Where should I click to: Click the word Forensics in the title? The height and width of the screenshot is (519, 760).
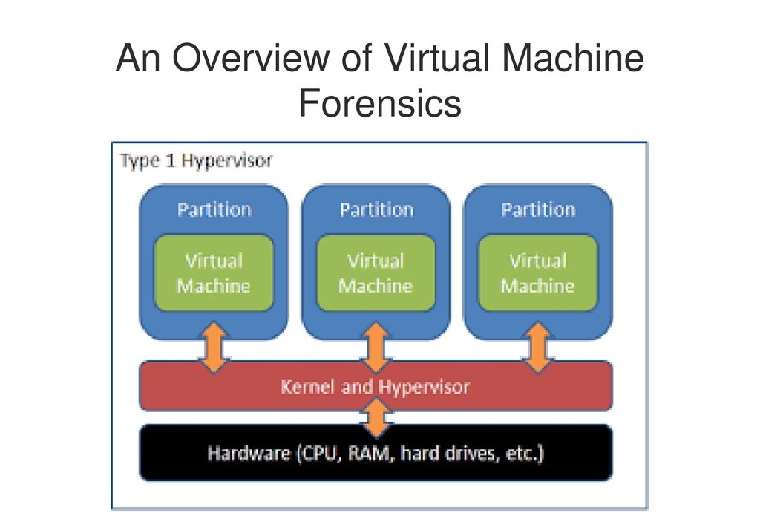click(380, 103)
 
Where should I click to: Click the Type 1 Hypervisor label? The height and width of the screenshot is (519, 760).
click(197, 160)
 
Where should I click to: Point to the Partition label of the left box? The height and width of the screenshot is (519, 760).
click(214, 209)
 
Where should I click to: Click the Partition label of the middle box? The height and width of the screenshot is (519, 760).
click(376, 209)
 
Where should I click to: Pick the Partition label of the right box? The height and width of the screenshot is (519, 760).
click(538, 209)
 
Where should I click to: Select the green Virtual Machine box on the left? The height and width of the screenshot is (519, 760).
click(214, 273)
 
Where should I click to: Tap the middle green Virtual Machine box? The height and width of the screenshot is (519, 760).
click(376, 273)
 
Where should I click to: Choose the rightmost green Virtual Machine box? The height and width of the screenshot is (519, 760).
click(538, 273)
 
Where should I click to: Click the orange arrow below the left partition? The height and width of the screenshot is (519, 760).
click(214, 347)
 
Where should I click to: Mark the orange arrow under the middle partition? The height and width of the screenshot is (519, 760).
click(376, 347)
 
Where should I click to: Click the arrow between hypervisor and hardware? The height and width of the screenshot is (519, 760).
click(377, 417)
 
